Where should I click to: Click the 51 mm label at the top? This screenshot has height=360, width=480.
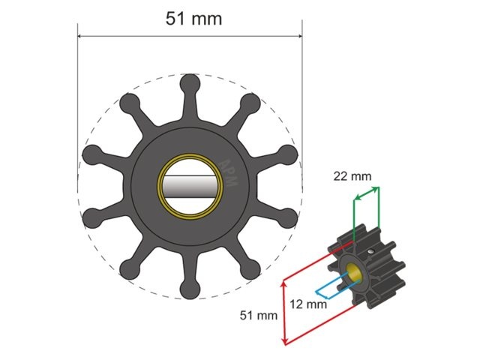[x=193, y=18]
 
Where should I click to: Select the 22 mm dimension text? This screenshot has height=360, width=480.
[x=353, y=176]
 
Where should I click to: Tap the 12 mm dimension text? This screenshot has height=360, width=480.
[x=307, y=304]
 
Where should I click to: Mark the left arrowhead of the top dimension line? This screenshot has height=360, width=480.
[x=82, y=36]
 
